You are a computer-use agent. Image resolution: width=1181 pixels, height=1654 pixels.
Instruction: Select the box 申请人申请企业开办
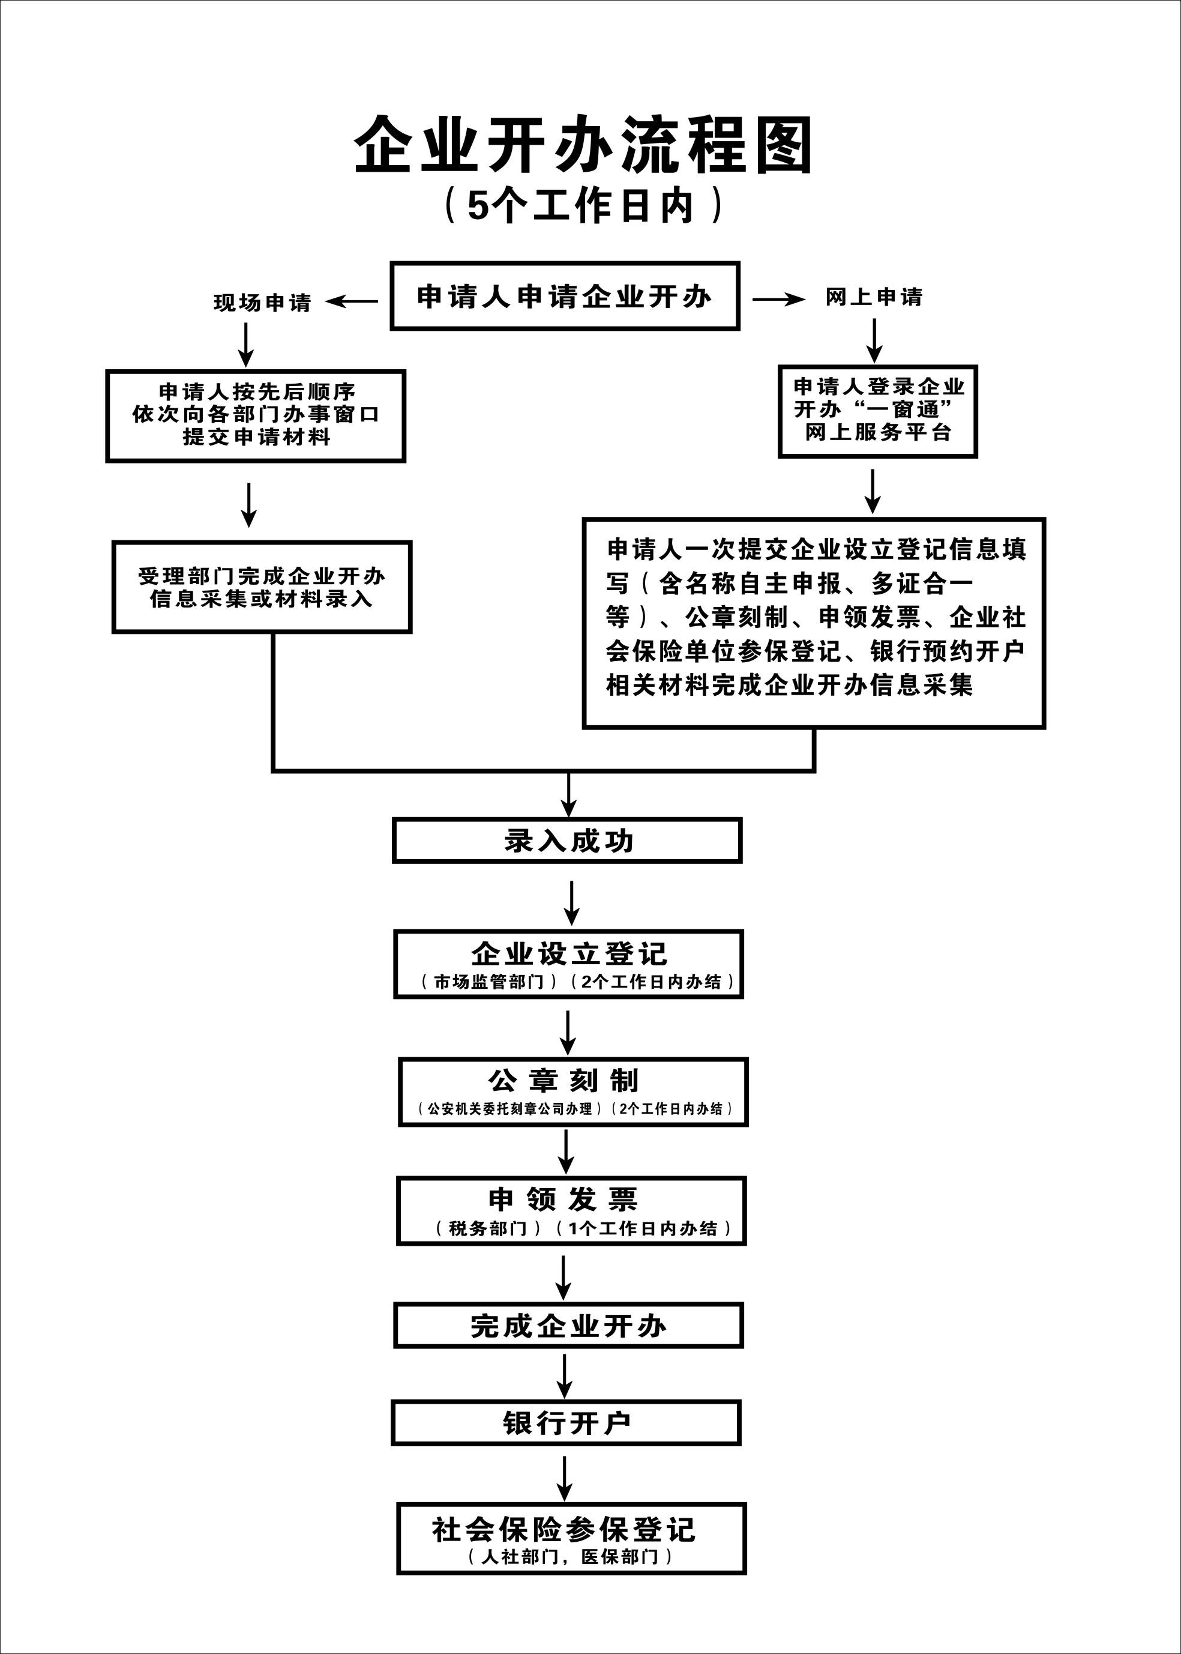click(564, 296)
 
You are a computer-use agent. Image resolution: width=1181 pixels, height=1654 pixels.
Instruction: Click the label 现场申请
click(262, 303)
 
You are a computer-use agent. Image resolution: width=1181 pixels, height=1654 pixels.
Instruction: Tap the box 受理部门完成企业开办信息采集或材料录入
click(261, 587)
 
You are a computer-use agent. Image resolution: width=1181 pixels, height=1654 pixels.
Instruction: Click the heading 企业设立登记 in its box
click(569, 953)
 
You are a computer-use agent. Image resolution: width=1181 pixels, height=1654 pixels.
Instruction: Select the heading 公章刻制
click(564, 1081)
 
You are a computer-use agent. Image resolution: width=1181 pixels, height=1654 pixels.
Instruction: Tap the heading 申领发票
click(563, 1200)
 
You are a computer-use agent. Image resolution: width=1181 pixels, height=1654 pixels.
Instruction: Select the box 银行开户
click(566, 1423)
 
